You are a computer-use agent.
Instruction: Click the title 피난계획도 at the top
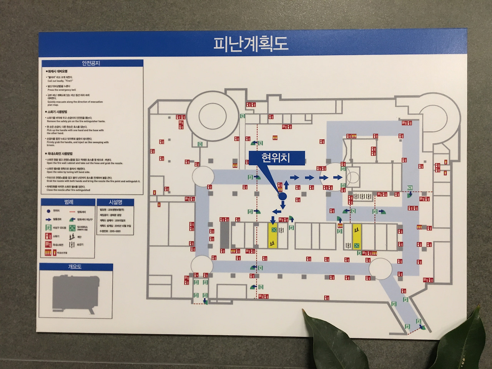251,44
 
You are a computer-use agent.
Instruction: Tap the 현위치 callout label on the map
276,157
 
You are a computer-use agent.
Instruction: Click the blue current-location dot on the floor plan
283,196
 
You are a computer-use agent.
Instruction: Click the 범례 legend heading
68,201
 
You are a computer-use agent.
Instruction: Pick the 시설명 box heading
115,202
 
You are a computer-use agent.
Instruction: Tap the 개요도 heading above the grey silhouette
75,267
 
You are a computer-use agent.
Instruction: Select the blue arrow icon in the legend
48,219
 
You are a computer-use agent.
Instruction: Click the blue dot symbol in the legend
48,211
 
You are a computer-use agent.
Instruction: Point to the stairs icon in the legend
71,237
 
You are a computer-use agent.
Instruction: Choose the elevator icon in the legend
72,244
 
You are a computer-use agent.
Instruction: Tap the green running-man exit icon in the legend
48,228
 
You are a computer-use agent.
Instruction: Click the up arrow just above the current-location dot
286,187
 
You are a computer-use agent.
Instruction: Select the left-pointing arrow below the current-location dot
276,211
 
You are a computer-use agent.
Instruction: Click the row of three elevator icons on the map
362,196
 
